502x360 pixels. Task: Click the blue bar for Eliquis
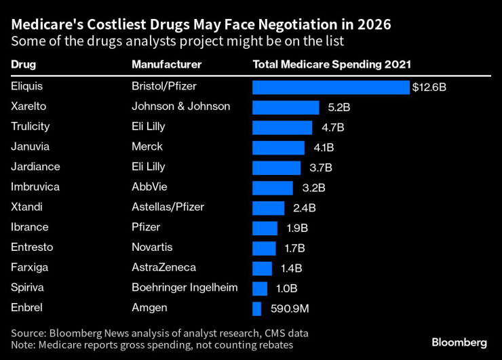[331, 87]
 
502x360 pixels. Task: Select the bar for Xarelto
[286, 107]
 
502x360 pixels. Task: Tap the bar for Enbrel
[256, 308]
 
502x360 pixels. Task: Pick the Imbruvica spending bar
[273, 188]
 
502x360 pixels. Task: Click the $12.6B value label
[429, 87]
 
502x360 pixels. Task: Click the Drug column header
[24, 65]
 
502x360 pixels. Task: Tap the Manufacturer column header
[166, 65]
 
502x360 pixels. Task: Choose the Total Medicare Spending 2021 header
[332, 65]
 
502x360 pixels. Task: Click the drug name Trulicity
[31, 126]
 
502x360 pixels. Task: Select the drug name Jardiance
[35, 167]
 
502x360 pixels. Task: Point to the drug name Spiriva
[28, 287]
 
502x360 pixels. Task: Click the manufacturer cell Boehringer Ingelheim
[185, 287]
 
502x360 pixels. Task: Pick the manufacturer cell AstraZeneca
[163, 268]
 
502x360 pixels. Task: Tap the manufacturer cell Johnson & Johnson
[180, 106]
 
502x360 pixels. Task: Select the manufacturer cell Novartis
[152, 247]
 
